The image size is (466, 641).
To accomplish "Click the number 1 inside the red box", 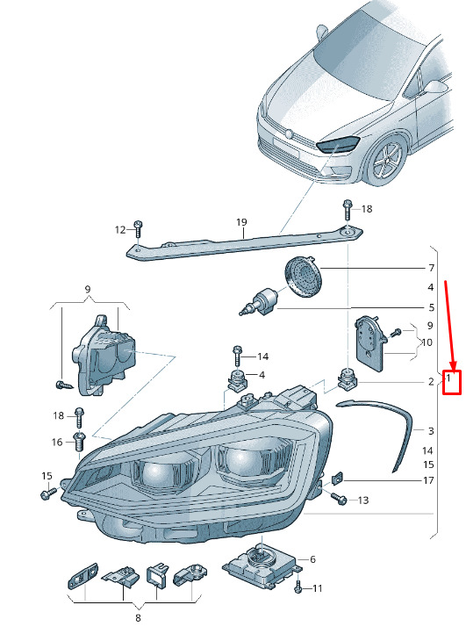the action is [x=448, y=378].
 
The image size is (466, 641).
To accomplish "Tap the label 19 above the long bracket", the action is [x=241, y=222].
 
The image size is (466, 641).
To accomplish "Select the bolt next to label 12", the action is [x=138, y=229].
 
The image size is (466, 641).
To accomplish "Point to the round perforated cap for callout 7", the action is [x=303, y=273].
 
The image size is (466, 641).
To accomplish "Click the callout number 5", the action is [x=431, y=307].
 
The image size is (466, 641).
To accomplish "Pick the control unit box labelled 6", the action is [x=262, y=563].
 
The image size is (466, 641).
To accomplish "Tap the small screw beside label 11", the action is [x=298, y=587].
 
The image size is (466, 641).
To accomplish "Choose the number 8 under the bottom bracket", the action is [x=138, y=617].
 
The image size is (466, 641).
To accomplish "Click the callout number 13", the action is [x=363, y=500].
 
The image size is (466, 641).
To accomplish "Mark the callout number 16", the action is [x=57, y=442].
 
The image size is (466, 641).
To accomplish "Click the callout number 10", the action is [x=426, y=342].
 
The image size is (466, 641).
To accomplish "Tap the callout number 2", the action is [x=431, y=382].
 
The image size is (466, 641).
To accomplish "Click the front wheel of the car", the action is [x=385, y=160].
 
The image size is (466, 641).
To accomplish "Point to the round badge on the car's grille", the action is [x=289, y=134].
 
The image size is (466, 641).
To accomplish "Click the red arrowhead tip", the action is [x=453, y=369].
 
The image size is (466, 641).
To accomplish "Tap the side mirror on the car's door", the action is [x=435, y=86].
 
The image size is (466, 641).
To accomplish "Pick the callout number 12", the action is [x=120, y=230].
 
